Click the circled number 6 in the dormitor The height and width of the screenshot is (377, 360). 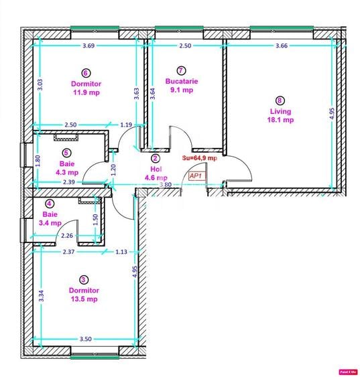[x=86, y=73]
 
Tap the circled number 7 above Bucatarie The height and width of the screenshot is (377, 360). [x=181, y=70]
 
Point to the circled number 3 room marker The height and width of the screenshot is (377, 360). [x=83, y=280]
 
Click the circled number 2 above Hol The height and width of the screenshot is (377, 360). [x=156, y=159]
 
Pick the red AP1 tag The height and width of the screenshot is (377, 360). [x=196, y=175]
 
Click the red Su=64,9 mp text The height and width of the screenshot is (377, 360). [x=200, y=158]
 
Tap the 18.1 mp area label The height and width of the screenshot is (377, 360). [x=280, y=121]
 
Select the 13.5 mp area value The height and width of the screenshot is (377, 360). [x=84, y=299]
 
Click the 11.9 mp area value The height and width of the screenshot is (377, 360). [x=85, y=92]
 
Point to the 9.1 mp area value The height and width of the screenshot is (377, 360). [x=181, y=90]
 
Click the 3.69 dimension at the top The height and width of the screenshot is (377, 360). [x=88, y=46]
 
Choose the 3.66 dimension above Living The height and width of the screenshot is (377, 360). [x=282, y=46]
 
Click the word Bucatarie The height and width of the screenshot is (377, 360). [x=181, y=80]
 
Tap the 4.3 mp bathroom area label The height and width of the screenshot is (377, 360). [x=67, y=172]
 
